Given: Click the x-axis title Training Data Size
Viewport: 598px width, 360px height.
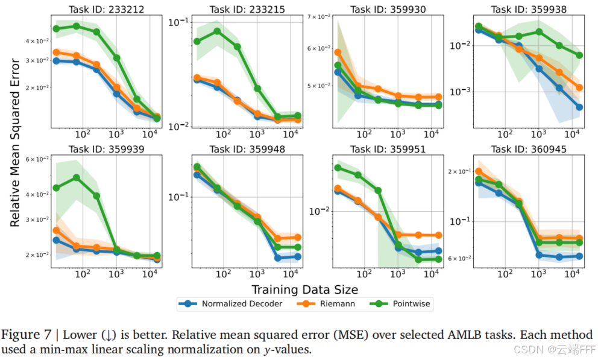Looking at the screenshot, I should coord(304,289).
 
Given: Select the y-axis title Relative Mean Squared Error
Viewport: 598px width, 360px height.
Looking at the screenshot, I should coord(15,142).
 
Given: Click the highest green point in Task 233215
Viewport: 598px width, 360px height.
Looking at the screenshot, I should coord(217,31).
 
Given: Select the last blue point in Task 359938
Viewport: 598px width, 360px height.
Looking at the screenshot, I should coord(579,107).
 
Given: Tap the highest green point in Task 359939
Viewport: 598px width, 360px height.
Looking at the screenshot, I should coord(77,177).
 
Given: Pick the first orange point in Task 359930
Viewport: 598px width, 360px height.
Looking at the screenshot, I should coord(338,52).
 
